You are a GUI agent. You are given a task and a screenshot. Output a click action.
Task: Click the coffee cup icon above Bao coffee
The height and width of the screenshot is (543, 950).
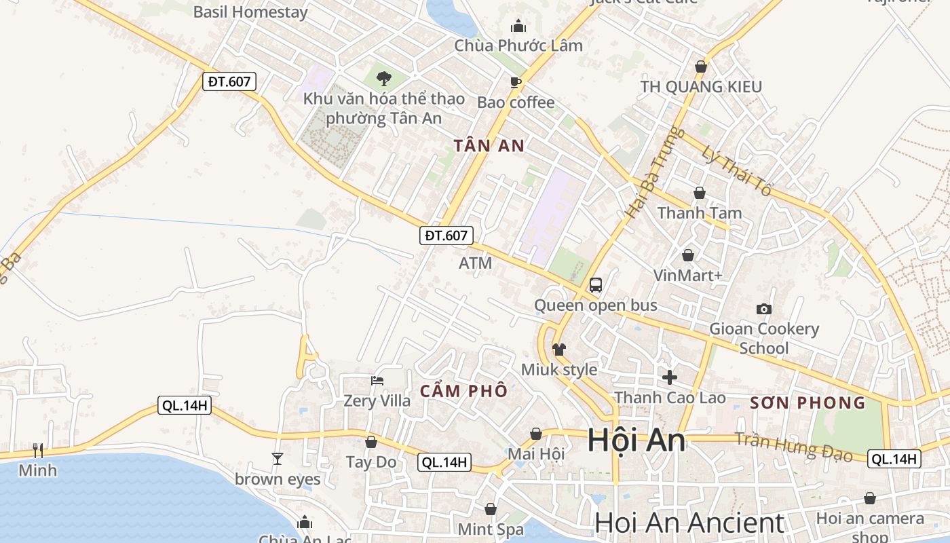[516, 82]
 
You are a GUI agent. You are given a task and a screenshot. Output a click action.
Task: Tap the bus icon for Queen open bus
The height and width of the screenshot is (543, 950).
[596, 285]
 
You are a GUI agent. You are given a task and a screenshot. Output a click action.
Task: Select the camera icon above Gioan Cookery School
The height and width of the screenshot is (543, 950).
[764, 309]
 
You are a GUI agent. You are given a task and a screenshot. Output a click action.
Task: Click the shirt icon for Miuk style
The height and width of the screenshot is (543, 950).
[559, 350]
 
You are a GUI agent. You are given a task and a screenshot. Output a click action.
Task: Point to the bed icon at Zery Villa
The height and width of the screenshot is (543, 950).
[377, 381]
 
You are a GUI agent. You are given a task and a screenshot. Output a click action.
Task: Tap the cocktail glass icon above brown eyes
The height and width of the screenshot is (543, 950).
[277, 459]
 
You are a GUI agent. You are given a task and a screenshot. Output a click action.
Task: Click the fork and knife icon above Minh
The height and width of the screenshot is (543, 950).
[38, 450]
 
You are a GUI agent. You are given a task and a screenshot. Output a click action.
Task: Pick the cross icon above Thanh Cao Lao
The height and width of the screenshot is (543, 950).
[670, 377]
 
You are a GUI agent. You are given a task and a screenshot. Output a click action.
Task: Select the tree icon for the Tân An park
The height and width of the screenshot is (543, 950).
[384, 79]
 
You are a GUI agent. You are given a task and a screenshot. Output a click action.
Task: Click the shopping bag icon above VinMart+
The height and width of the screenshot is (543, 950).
[688, 255]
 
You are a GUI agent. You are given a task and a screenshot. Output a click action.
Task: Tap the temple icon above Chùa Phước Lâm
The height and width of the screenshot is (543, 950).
[518, 26]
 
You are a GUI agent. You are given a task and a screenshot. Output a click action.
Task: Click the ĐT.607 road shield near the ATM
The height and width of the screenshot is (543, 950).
[446, 236]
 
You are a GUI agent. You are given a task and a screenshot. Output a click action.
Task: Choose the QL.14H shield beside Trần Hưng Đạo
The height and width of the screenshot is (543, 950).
[894, 459]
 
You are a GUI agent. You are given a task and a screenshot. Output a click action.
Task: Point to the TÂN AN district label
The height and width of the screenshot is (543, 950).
[490, 145]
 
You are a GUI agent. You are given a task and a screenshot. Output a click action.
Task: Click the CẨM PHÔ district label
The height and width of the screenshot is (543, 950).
[463, 391]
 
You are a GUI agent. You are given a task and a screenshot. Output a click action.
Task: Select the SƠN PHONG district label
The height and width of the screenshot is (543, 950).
[807, 402]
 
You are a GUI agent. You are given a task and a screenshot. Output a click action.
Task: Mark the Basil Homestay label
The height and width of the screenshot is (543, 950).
[250, 12]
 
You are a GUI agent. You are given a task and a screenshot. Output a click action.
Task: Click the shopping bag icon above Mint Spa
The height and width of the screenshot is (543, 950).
[491, 508]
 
